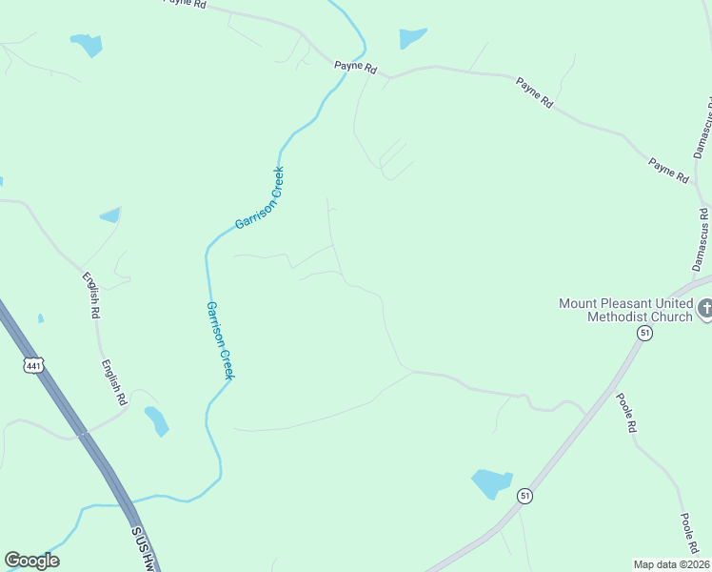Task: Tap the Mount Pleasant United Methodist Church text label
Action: point(626,310)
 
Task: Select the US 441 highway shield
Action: point(35,365)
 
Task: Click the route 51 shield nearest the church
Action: point(645,333)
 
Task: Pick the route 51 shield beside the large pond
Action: point(524,496)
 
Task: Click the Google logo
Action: point(31,561)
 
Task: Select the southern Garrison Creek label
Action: point(219,340)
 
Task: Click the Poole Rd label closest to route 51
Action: point(624,414)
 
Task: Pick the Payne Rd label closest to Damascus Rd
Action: point(668,170)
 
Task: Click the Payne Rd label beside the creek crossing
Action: point(356,68)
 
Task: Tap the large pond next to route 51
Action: point(491,483)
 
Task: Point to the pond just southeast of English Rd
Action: point(156,419)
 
